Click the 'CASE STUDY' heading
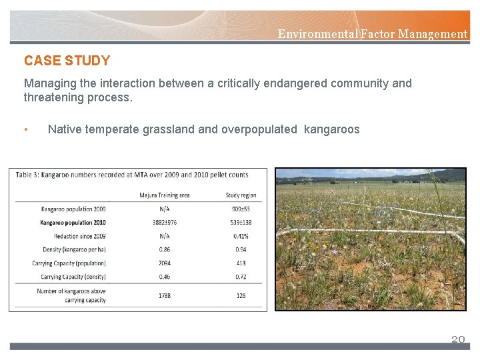point(67,61)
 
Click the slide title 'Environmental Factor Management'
point(372,33)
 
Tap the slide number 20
point(457,339)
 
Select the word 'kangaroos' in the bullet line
point(331,129)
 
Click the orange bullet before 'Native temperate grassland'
point(26,129)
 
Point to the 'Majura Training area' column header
point(164,195)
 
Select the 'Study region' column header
point(241,195)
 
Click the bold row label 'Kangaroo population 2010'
point(73,222)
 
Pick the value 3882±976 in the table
point(164,222)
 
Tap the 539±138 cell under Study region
point(241,222)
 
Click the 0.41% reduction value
point(241,236)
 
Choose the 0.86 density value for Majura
point(164,249)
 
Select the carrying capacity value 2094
point(164,263)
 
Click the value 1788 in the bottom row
point(164,295)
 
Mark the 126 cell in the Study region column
point(241,295)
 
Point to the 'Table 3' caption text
point(132,175)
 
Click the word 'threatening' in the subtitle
point(51,97)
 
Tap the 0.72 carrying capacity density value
point(241,277)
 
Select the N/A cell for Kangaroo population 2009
point(164,209)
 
